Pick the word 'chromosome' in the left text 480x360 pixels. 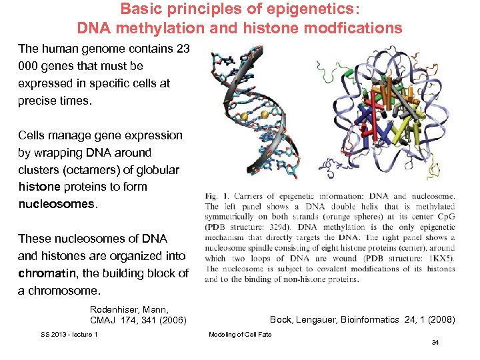tap(64, 291)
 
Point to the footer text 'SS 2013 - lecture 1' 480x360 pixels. tap(69, 334)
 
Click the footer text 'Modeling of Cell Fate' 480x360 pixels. tap(240, 334)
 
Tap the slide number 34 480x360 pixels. tap(435, 343)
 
